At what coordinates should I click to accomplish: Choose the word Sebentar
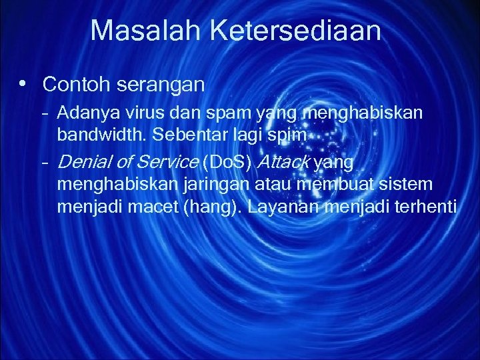182,135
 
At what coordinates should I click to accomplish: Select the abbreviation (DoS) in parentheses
227,161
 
